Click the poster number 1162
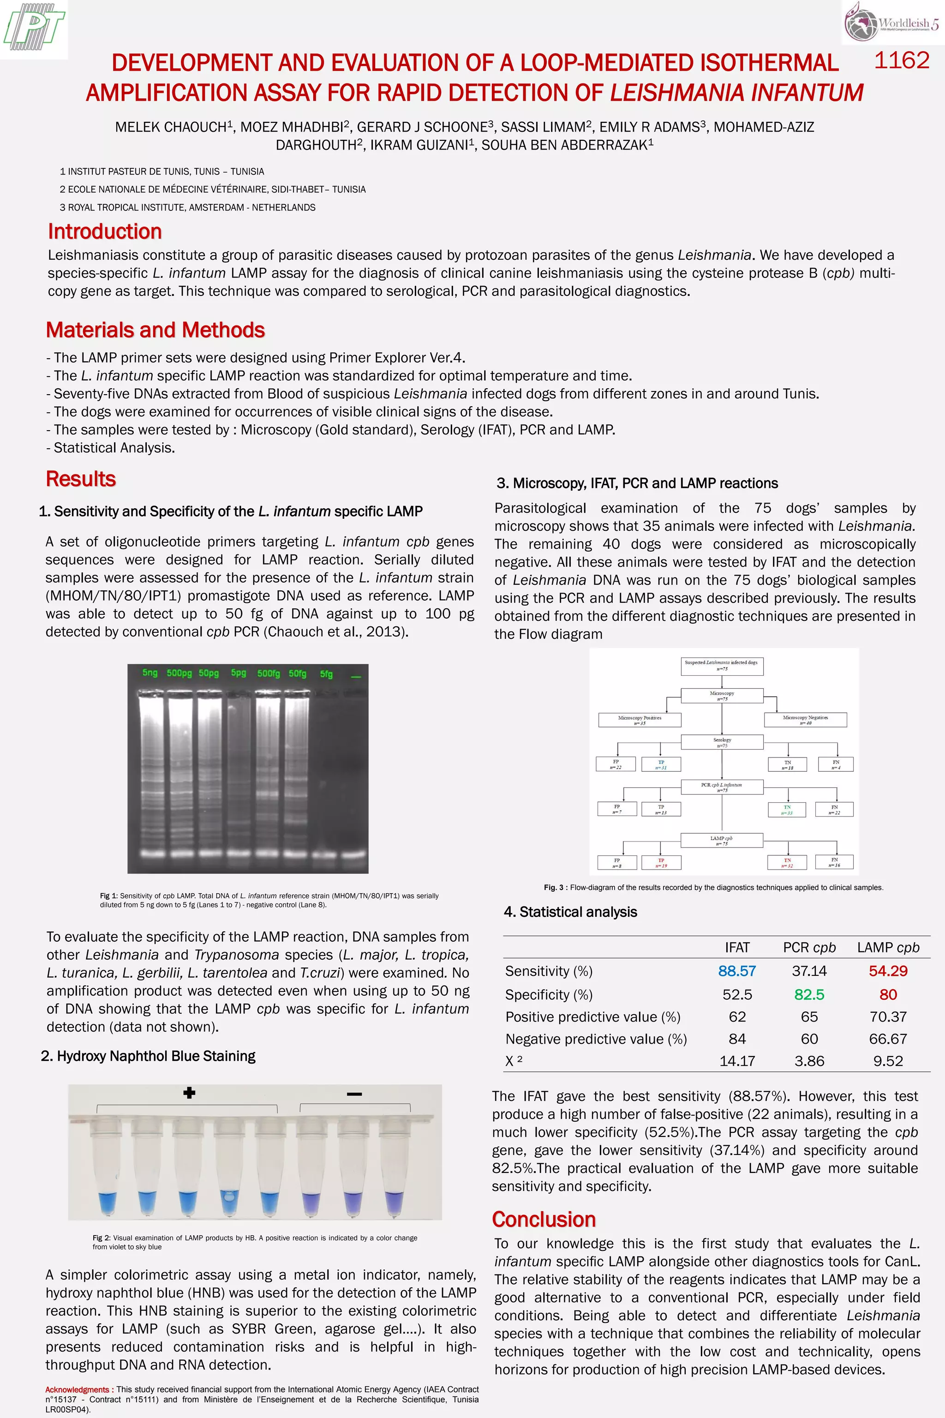(x=901, y=60)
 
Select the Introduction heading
(x=105, y=232)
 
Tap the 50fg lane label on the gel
(x=297, y=673)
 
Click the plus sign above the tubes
(x=189, y=1093)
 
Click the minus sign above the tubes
(x=354, y=1094)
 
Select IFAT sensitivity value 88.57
(x=736, y=971)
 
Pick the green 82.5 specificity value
(x=809, y=994)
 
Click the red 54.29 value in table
(x=888, y=971)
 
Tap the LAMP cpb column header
(x=888, y=947)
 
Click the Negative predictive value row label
(x=595, y=1039)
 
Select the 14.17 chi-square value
(x=736, y=1061)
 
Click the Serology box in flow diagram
(x=722, y=742)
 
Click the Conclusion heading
(x=544, y=1219)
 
